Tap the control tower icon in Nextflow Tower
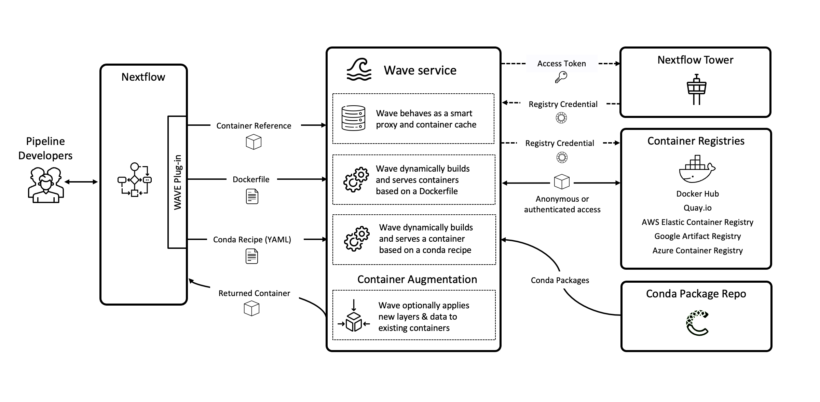tap(696, 89)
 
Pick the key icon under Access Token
tap(561, 77)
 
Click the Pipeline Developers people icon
tap(45, 185)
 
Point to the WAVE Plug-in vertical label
tap(177, 182)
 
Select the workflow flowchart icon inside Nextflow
tap(135, 180)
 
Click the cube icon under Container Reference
tap(254, 142)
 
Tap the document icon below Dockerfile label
tap(252, 197)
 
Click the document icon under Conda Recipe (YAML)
tap(252, 256)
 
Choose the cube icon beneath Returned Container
tap(251, 308)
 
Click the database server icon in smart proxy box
tap(353, 118)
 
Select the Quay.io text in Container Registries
tap(697, 208)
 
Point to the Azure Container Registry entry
tap(697, 251)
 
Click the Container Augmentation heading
tap(417, 279)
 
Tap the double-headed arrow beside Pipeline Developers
tap(81, 182)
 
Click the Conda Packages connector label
tap(560, 280)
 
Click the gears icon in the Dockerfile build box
tap(356, 179)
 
